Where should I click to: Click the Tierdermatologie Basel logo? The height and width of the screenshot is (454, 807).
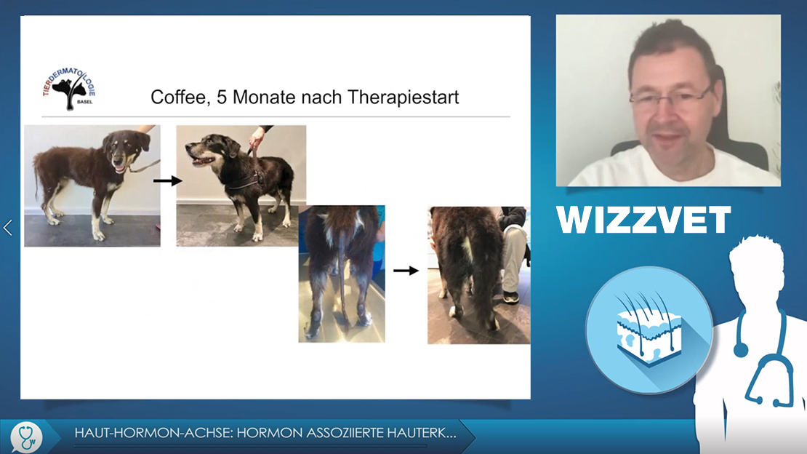(x=69, y=89)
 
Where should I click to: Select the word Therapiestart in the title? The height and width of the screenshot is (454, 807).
(x=403, y=97)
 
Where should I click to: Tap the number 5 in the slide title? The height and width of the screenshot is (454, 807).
(x=221, y=97)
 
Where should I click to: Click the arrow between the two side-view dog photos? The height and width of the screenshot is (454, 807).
(x=168, y=181)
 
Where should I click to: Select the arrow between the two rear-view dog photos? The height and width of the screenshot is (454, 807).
(x=406, y=271)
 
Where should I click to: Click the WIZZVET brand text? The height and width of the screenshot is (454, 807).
(x=643, y=220)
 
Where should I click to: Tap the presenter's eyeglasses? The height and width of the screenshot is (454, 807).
(x=669, y=96)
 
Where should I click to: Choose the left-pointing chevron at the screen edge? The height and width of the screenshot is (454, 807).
(x=8, y=227)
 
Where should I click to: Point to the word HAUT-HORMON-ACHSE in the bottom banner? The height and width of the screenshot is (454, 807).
(x=153, y=433)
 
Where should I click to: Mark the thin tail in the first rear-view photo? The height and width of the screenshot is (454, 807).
(x=342, y=278)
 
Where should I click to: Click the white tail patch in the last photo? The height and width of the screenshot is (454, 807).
(x=467, y=250)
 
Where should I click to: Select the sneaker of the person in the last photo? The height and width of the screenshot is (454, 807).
(x=510, y=298)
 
